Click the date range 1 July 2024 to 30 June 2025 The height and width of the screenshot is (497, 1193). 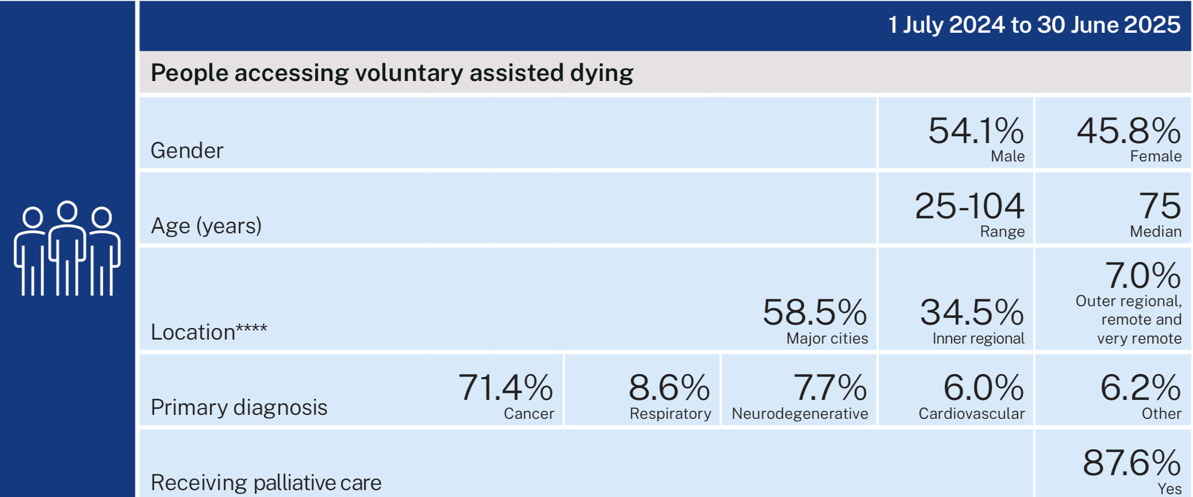point(1034,25)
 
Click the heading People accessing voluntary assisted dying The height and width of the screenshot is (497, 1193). point(392,73)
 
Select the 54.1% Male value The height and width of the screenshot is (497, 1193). point(976,132)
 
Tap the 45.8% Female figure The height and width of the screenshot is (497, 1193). point(1128,132)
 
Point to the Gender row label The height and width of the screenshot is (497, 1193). point(187,151)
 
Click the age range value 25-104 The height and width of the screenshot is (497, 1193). point(969,206)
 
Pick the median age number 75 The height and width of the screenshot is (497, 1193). point(1160,206)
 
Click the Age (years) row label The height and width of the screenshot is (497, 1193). point(206,226)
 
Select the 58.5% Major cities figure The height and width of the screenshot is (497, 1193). point(814,313)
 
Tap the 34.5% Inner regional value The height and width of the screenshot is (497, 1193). point(972,313)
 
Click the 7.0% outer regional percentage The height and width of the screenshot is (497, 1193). point(1142,276)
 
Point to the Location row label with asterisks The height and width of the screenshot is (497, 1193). point(209,332)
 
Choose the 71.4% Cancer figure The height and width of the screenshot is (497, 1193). point(505,388)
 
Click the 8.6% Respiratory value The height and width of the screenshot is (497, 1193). point(669,388)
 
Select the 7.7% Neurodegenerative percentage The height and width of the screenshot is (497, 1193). point(829,388)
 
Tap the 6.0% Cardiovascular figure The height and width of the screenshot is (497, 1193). point(983,388)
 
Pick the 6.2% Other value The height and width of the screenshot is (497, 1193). point(1140,388)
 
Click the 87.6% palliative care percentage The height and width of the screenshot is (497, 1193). point(1131,463)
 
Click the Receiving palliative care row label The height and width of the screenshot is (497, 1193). point(266,483)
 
